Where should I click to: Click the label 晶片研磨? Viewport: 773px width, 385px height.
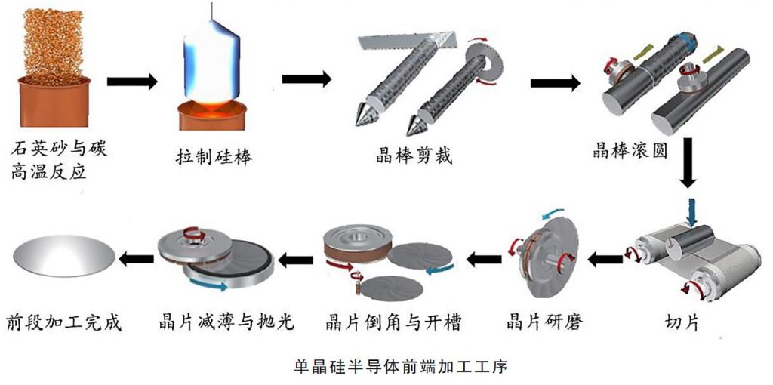[x=545, y=322]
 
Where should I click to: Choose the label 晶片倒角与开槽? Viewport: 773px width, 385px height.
[x=393, y=322]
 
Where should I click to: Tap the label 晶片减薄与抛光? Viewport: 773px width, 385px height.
[x=226, y=322]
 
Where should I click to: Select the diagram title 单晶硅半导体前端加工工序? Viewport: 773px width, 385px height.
[x=401, y=368]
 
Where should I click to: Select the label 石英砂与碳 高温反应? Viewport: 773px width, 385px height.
[x=57, y=159]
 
